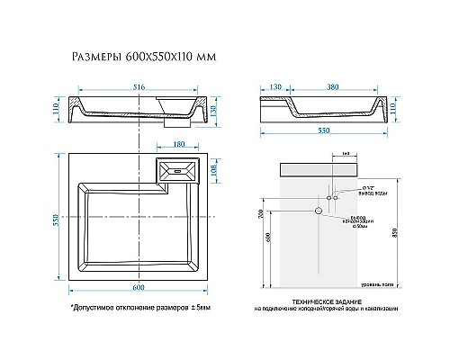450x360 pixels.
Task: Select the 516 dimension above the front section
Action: tap(139, 87)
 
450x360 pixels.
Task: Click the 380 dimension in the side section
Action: tap(333, 87)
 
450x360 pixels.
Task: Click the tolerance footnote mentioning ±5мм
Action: tap(140, 307)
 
